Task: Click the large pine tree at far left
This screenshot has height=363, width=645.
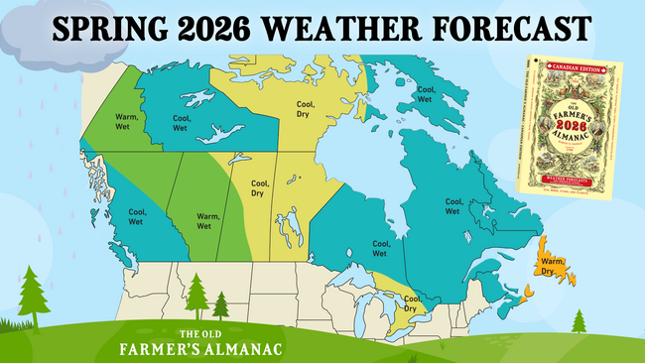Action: [33, 293]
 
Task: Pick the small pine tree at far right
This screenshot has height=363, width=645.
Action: [579, 320]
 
